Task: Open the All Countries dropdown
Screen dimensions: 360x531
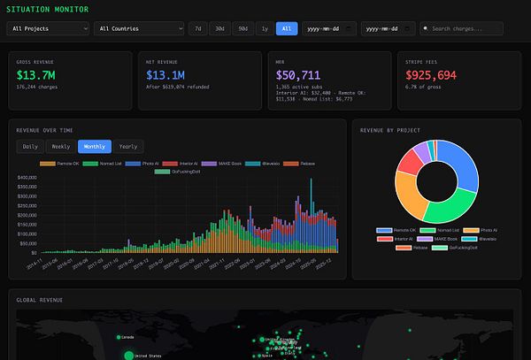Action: coord(139,28)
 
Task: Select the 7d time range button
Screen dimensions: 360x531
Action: coord(198,28)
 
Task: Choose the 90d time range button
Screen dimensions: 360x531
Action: coord(242,28)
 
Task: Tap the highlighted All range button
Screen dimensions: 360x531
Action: coord(286,28)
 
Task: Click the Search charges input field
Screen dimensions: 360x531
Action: coord(466,28)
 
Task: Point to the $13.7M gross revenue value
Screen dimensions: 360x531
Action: coord(37,74)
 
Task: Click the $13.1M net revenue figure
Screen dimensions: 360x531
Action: coord(167,74)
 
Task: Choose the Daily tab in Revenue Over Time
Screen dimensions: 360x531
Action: coord(30,147)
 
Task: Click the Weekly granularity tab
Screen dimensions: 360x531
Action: coord(61,147)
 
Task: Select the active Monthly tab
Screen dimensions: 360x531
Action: coord(94,147)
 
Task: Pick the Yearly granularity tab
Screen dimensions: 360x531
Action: coord(128,147)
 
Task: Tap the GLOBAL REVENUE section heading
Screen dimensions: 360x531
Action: coord(40,299)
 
